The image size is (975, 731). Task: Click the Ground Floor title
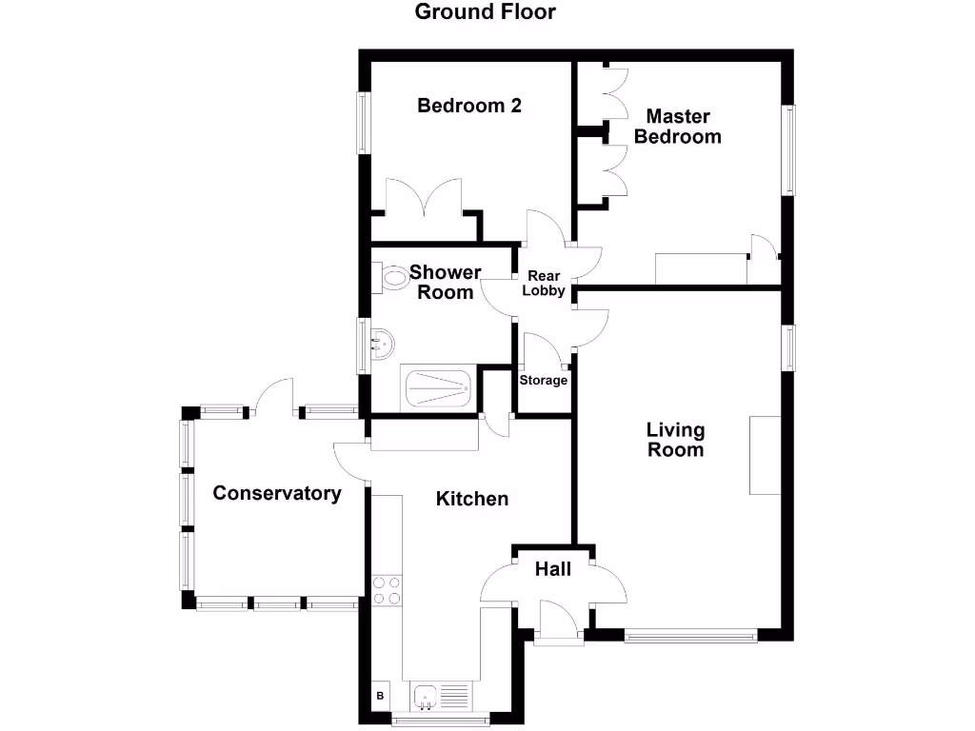[x=486, y=12]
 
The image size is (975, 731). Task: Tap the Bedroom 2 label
[x=469, y=106]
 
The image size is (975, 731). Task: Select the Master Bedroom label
[x=678, y=127]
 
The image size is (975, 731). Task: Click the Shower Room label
[x=446, y=283]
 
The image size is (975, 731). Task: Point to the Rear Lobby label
[x=544, y=284]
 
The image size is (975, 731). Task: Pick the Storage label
[x=544, y=381]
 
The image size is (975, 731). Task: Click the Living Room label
[x=676, y=441]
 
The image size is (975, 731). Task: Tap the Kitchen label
[x=472, y=499]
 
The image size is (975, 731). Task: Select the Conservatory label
[x=277, y=493]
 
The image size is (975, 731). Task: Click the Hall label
[x=553, y=569]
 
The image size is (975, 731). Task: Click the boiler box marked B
[x=381, y=696]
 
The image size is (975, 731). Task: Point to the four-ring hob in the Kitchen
[x=387, y=590]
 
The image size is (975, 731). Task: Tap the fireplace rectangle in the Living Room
[x=765, y=455]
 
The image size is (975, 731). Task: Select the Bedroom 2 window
[x=363, y=122]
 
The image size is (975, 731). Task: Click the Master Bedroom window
[x=788, y=149]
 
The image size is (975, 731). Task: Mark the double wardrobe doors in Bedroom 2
[x=423, y=202]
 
